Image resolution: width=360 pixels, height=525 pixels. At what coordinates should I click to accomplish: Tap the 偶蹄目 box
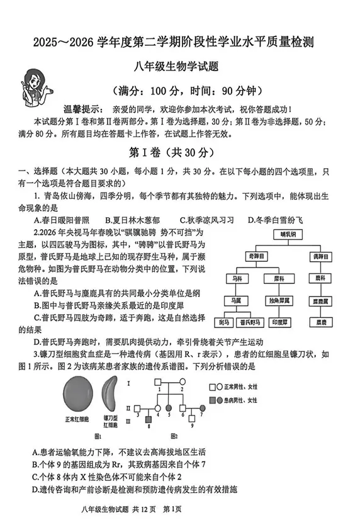(x=323, y=257)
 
